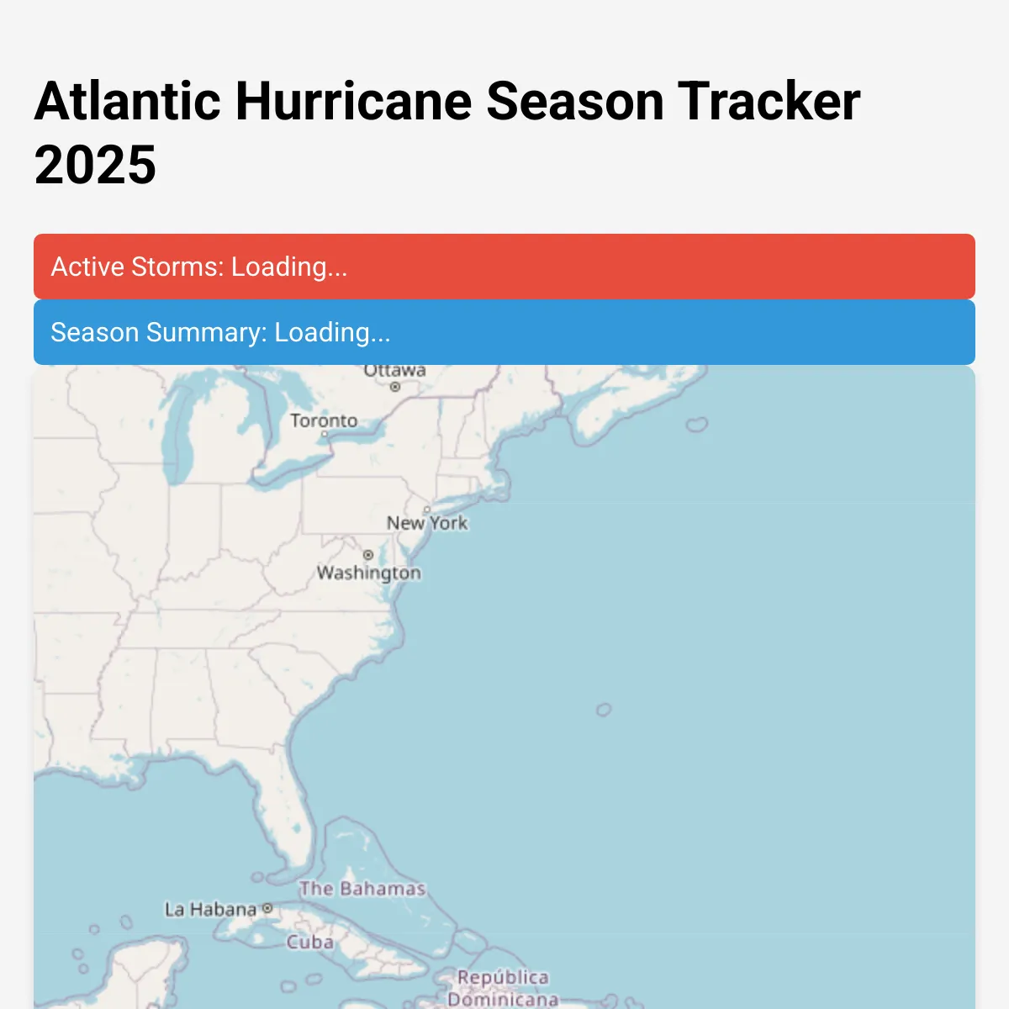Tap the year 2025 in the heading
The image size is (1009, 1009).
click(x=95, y=165)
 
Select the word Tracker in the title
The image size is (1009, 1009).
click(x=769, y=101)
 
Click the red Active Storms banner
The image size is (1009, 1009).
click(x=504, y=267)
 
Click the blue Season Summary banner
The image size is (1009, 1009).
click(x=504, y=332)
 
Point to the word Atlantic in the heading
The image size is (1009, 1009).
click(x=127, y=101)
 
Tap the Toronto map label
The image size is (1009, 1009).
click(x=324, y=420)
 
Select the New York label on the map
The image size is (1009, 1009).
click(x=427, y=523)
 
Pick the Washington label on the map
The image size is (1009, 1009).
click(x=368, y=573)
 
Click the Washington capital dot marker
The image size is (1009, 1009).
click(x=367, y=555)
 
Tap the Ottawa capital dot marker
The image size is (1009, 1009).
click(x=394, y=387)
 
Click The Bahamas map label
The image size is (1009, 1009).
click(x=362, y=889)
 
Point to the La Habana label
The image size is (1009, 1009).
click(x=210, y=910)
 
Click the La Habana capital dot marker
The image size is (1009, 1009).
click(x=267, y=908)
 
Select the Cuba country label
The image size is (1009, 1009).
click(x=309, y=943)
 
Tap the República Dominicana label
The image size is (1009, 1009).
click(x=503, y=988)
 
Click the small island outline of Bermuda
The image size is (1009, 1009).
click(x=603, y=711)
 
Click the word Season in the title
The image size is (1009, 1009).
click(x=575, y=101)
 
